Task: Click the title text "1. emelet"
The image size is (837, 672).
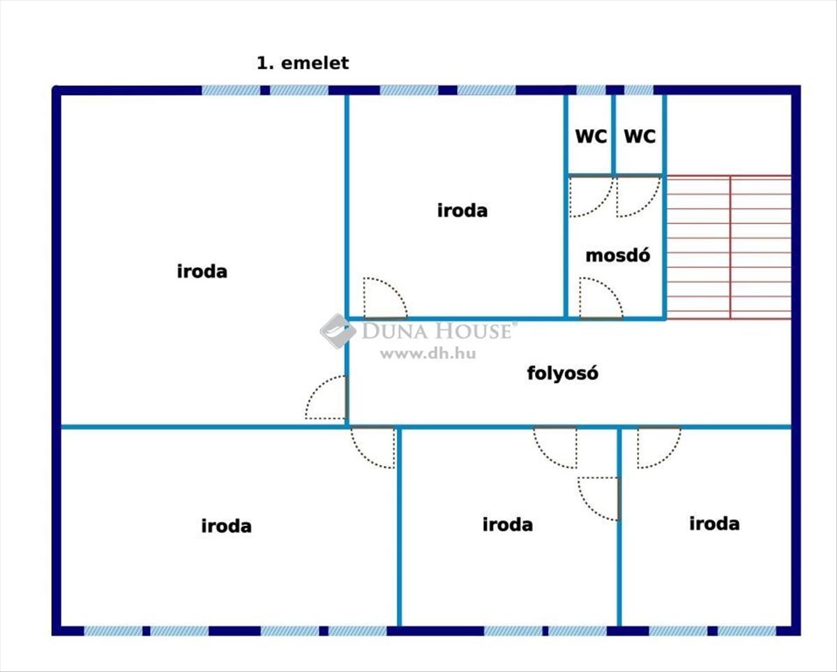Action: [303, 63]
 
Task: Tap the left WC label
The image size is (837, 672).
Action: [591, 137]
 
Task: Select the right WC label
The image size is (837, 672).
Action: [640, 137]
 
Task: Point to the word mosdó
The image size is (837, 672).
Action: [618, 255]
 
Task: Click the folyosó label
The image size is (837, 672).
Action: [562, 373]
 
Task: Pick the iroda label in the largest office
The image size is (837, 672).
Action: [202, 271]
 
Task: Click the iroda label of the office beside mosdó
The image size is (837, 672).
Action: [462, 211]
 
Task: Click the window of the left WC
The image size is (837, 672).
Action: [591, 90]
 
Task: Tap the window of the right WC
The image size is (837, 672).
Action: [639, 90]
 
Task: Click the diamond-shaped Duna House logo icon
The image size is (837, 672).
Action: [338, 331]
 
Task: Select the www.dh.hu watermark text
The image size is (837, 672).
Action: [428, 353]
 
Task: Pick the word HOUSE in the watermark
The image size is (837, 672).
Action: [473, 331]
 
